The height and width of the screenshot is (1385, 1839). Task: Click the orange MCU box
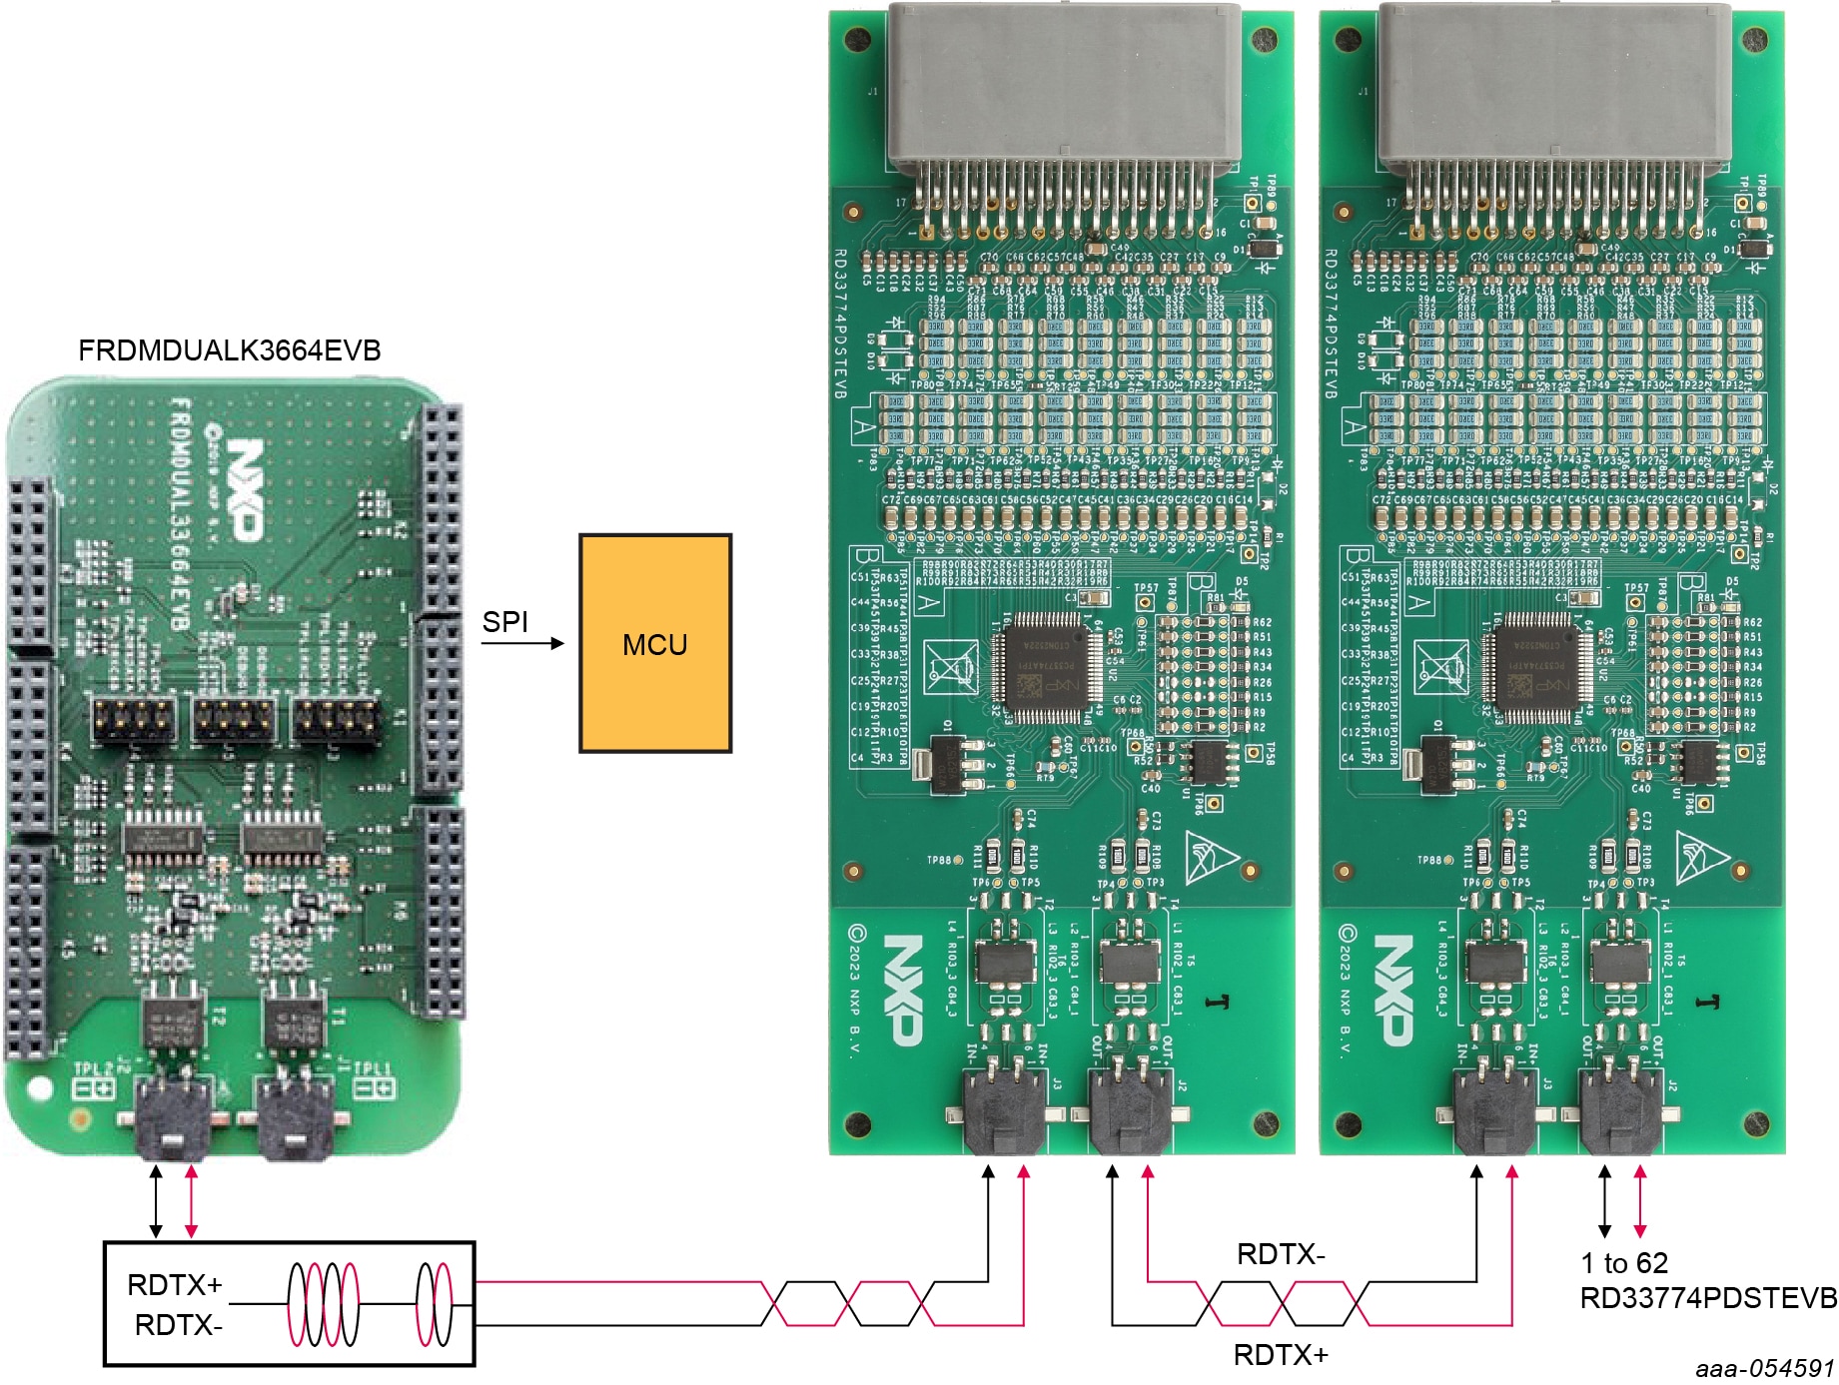(655, 643)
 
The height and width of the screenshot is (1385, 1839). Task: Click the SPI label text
(504, 622)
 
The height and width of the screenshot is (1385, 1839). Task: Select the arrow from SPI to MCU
(522, 644)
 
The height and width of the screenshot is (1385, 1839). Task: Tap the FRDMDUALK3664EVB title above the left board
(230, 350)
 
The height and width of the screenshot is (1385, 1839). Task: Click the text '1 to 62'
(1624, 1263)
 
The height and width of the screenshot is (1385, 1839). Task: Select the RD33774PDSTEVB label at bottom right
(1707, 1297)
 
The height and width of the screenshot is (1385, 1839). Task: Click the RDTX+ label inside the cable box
(175, 1285)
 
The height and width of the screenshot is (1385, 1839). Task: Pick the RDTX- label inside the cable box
(179, 1325)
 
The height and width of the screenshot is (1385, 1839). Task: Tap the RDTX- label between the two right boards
(1281, 1254)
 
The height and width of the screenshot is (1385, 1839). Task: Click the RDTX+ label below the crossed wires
(1281, 1355)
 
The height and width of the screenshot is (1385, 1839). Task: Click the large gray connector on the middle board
(1064, 85)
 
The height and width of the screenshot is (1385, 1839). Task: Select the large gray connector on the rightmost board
(1554, 85)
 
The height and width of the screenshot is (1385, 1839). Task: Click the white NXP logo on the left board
(244, 489)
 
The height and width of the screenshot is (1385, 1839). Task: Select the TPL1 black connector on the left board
(296, 1116)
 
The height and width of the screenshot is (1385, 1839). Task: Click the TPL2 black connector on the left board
(171, 1116)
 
